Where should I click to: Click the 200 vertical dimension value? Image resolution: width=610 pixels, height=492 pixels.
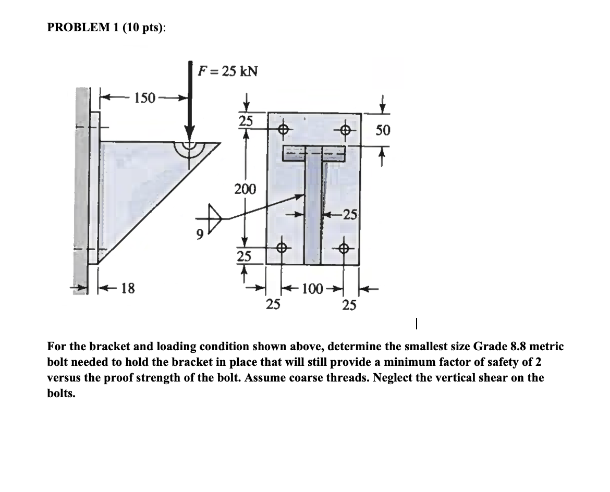pyautogui.click(x=245, y=189)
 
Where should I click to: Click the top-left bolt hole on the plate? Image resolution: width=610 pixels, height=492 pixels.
pyautogui.click(x=282, y=128)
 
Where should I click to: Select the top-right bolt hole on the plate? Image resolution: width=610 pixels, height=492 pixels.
pyautogui.click(x=344, y=128)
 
